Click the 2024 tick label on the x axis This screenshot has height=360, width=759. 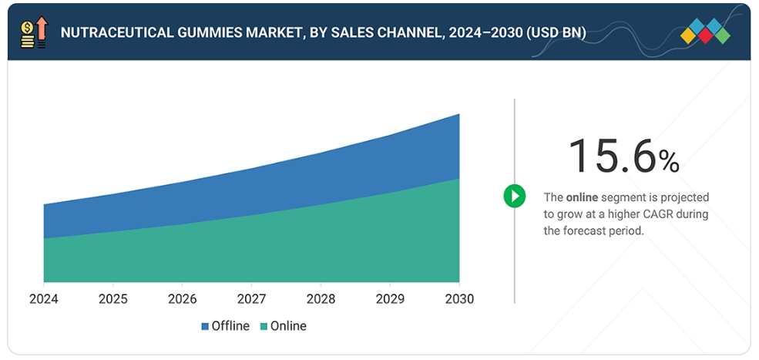44,298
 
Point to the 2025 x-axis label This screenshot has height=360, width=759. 113,298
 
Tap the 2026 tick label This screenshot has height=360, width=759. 183,298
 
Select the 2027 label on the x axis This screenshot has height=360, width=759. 252,298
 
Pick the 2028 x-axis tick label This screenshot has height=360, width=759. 321,298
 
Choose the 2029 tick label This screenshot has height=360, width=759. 391,298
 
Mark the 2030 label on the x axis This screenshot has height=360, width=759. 459,298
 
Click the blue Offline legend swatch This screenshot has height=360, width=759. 205,327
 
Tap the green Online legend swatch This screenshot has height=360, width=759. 264,327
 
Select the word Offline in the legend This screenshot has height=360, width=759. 231,326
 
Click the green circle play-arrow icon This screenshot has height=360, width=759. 514,196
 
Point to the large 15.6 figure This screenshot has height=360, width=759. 613,155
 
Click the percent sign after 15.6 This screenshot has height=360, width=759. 669,161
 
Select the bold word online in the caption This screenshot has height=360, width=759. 582,197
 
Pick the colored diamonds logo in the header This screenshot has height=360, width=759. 705,31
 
